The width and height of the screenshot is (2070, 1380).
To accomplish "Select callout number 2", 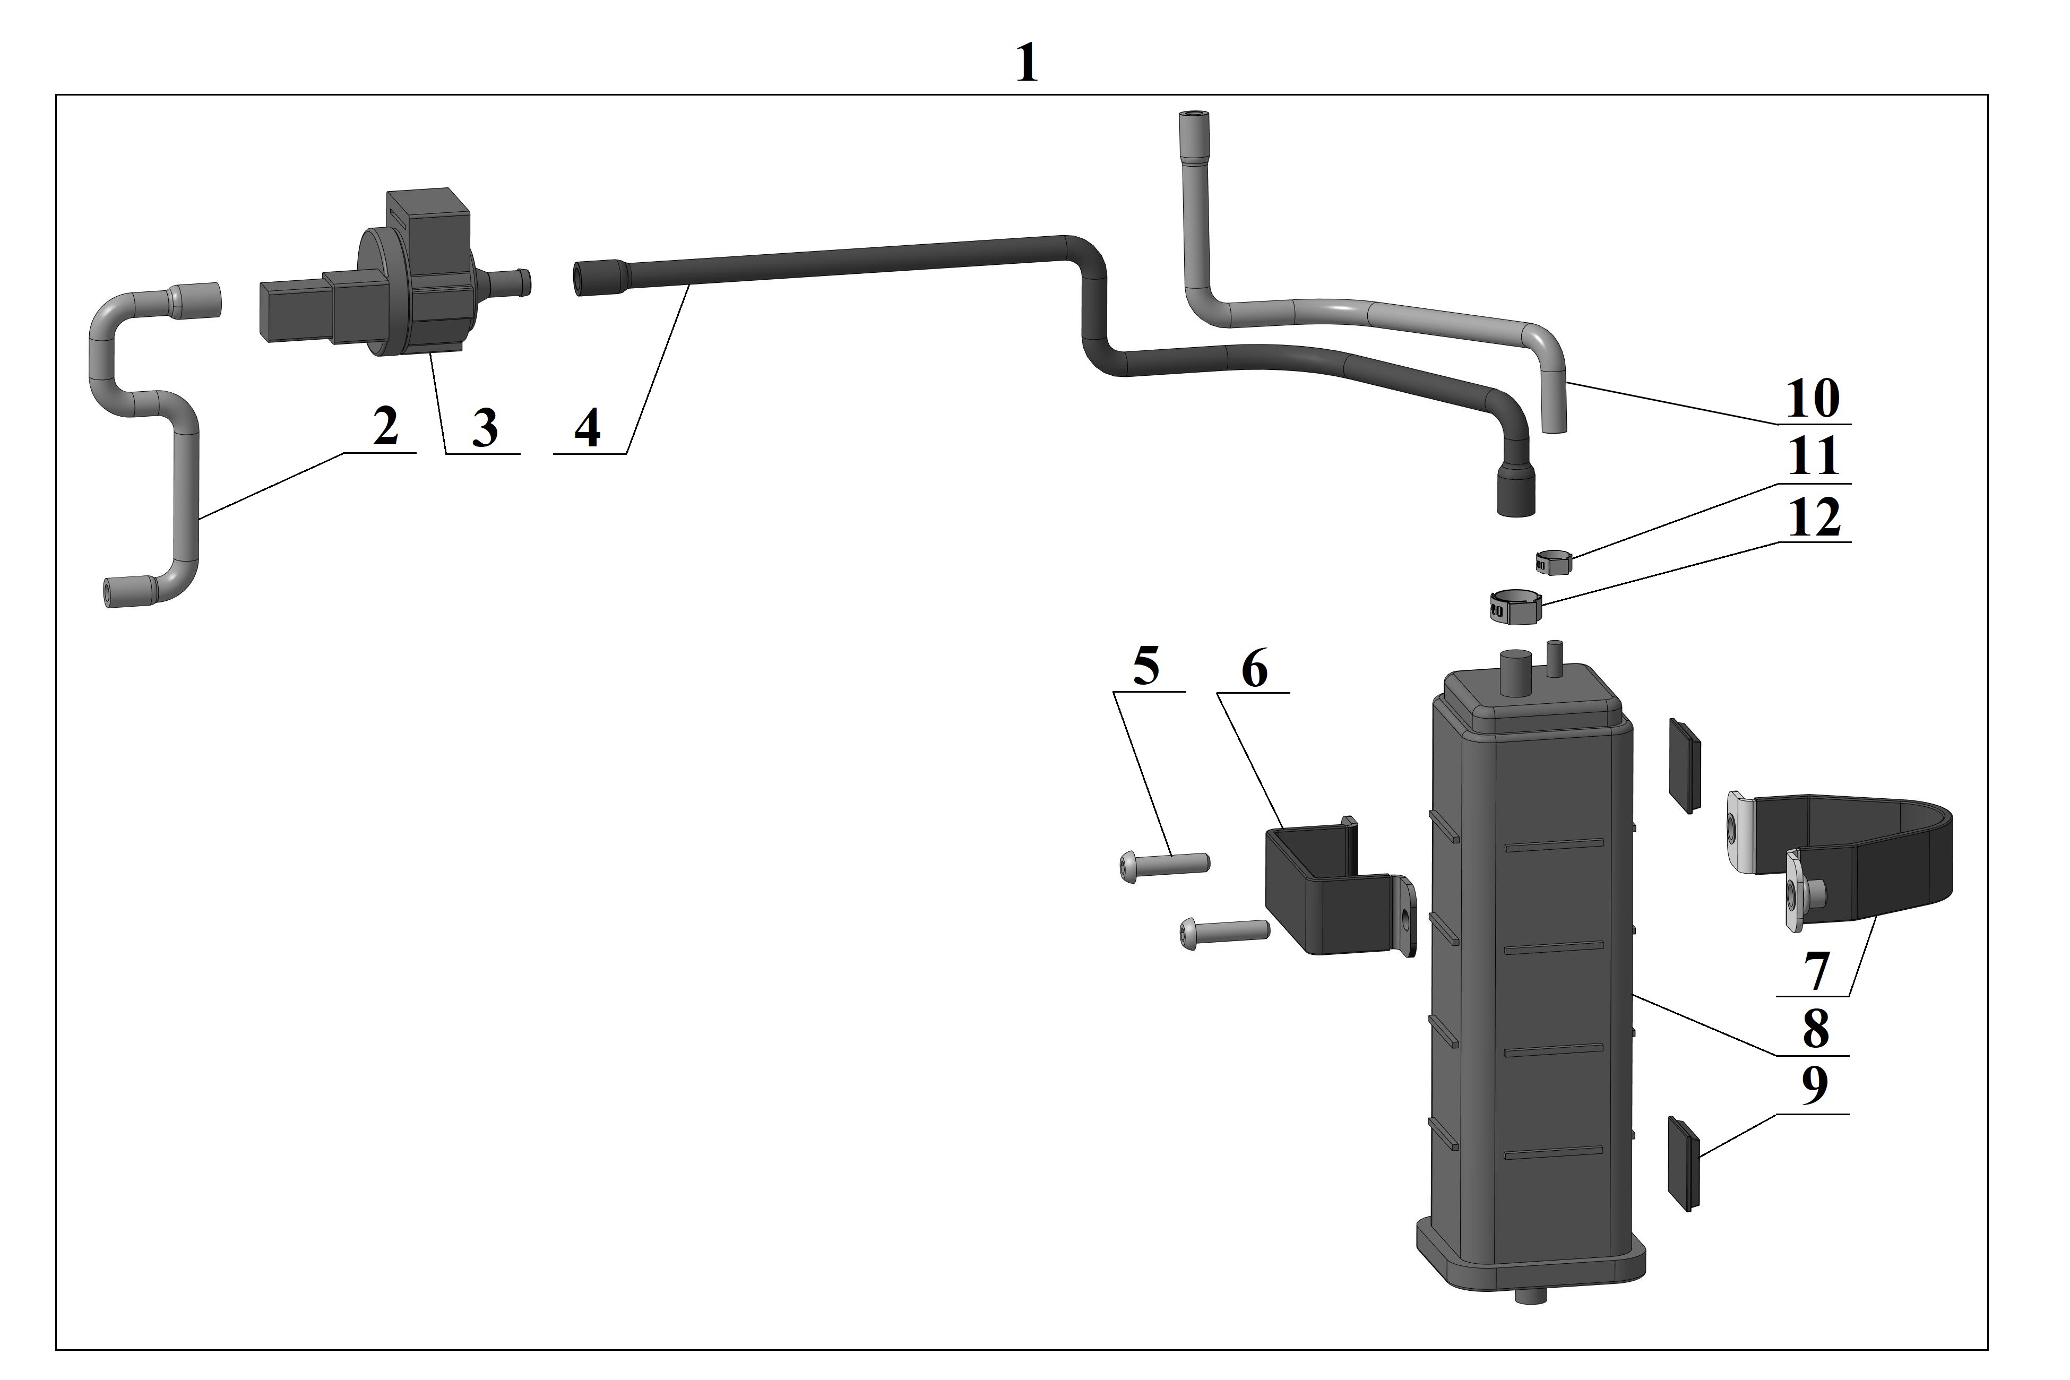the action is [x=385, y=428].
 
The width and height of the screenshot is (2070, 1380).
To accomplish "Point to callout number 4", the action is [x=587, y=429].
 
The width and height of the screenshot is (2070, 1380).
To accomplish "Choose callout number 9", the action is [x=1814, y=1088].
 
